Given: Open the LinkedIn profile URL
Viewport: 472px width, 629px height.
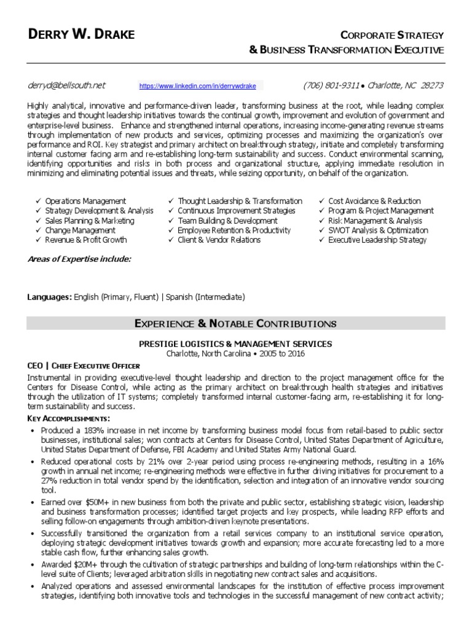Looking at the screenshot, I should point(197,86).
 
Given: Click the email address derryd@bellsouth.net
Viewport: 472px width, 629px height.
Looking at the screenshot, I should point(66,85).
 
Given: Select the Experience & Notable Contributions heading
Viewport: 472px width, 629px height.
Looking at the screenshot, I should point(235,323).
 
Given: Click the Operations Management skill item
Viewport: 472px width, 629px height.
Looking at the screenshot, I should point(85,201).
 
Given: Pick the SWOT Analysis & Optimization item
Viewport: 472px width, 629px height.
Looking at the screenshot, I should point(378,230).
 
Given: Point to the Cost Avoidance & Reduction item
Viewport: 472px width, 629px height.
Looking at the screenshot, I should point(374,201).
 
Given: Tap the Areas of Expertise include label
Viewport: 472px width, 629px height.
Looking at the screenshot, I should point(79,259).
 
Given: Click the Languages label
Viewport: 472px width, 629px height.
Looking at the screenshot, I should point(49,297).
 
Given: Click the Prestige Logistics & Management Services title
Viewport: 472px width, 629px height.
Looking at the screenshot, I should point(235,344).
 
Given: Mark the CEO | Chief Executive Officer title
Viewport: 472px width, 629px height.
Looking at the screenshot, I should point(84,365).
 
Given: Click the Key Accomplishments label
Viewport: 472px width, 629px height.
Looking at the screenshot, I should point(68,418).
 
